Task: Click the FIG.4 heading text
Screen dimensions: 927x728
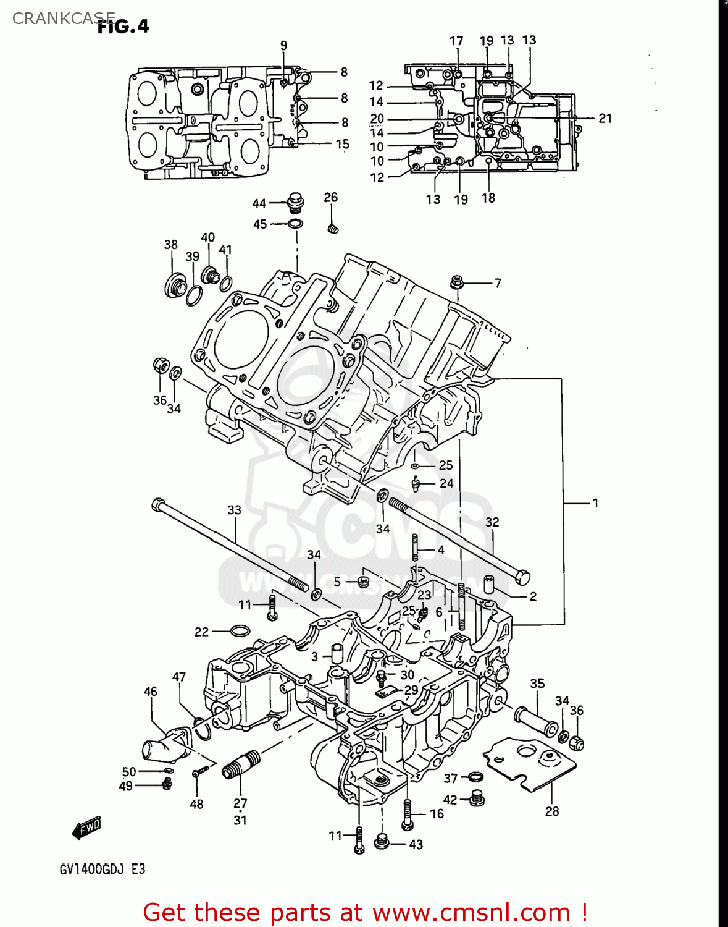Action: click(123, 26)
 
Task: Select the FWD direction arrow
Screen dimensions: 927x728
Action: click(86, 828)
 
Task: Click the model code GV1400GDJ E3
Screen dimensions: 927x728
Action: click(103, 869)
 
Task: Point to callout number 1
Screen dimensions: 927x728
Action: click(595, 503)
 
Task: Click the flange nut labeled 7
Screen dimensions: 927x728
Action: click(458, 282)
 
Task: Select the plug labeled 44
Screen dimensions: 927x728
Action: click(296, 202)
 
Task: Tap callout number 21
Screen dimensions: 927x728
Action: click(605, 118)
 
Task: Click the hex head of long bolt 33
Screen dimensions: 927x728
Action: click(157, 505)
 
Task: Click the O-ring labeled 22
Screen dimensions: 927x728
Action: click(240, 631)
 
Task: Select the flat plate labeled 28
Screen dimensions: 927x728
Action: click(531, 763)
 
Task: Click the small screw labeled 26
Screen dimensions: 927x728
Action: click(332, 228)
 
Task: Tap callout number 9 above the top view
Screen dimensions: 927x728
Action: click(283, 45)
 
